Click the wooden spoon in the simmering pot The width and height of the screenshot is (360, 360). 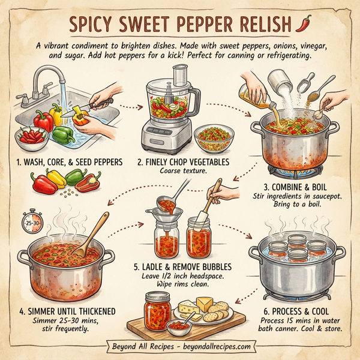(92, 234)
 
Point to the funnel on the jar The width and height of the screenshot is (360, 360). (167, 215)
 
